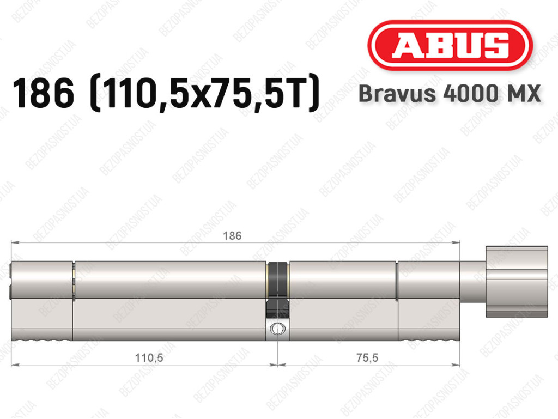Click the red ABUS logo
tap(450, 45)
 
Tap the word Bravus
tap(397, 94)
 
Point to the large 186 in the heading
tap(44, 93)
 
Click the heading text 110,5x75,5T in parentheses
tap(205, 93)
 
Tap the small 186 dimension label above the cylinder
tap(232, 236)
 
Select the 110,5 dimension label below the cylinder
tap(149, 357)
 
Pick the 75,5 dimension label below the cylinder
tap(367, 357)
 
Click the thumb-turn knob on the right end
tap(517, 281)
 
